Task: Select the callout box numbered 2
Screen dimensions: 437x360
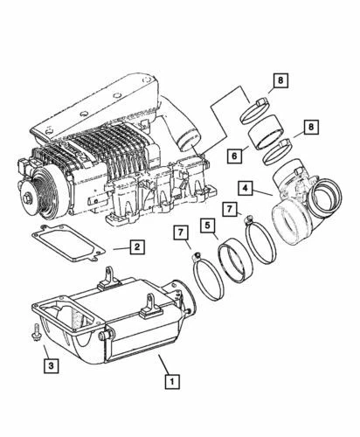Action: [137, 247]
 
